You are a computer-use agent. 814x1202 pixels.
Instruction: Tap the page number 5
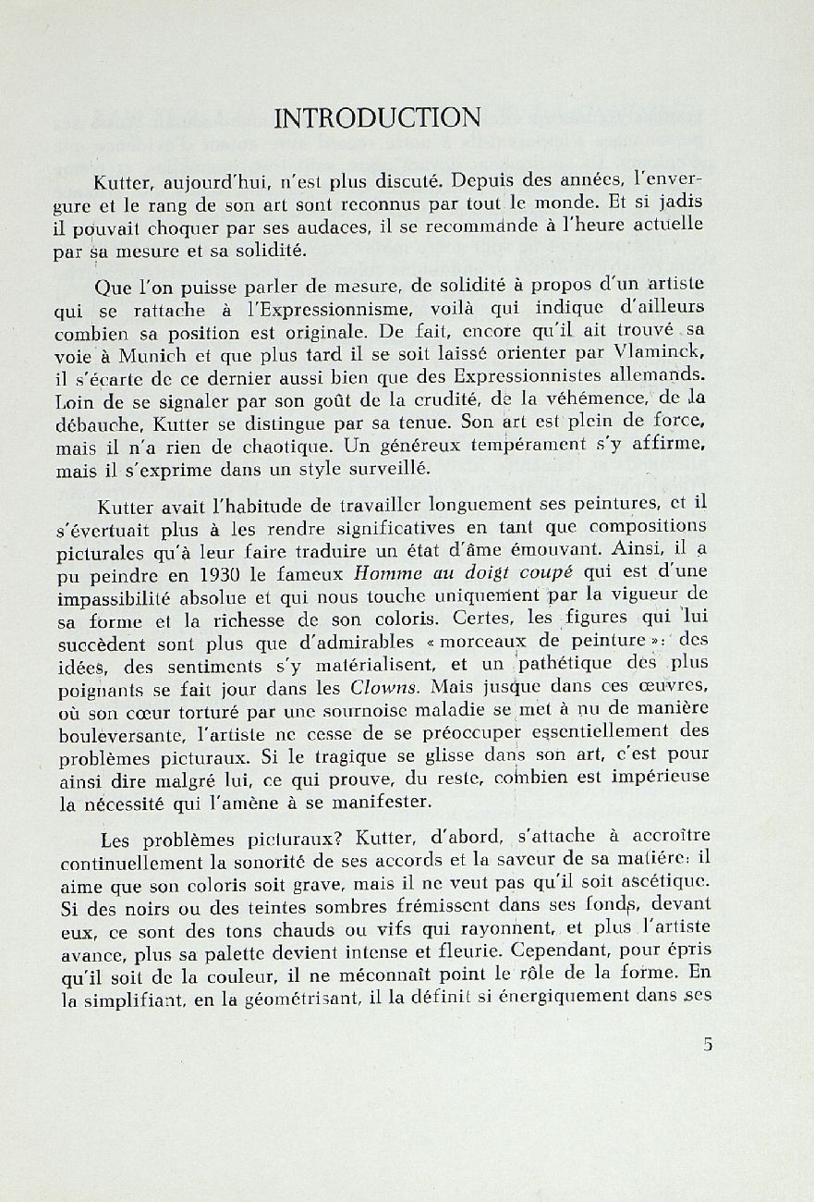(708, 1046)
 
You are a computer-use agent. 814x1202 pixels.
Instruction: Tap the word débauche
(95, 424)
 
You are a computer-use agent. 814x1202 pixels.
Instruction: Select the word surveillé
(384, 469)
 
